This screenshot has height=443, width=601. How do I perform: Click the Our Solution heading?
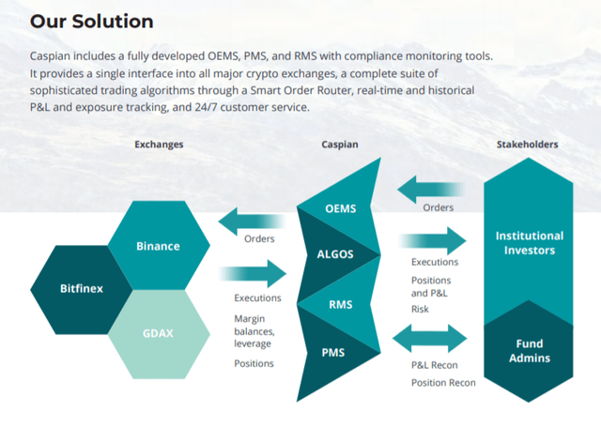pos(92,21)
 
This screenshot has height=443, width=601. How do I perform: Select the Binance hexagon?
pos(158,246)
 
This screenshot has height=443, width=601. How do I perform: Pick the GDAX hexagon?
pos(158,332)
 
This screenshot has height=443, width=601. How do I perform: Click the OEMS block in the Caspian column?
pos(340,208)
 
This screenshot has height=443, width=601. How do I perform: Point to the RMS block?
pos(340,303)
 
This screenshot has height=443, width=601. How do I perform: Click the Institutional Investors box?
pos(529,242)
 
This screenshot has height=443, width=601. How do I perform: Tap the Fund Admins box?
pos(529,349)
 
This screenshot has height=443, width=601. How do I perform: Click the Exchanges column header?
pos(159,145)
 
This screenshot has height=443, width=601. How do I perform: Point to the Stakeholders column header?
pos(527,145)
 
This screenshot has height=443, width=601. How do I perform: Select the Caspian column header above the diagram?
pos(339,145)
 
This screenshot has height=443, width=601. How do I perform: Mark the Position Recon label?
pos(443,382)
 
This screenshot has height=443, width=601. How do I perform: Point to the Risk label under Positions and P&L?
pos(421,308)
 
